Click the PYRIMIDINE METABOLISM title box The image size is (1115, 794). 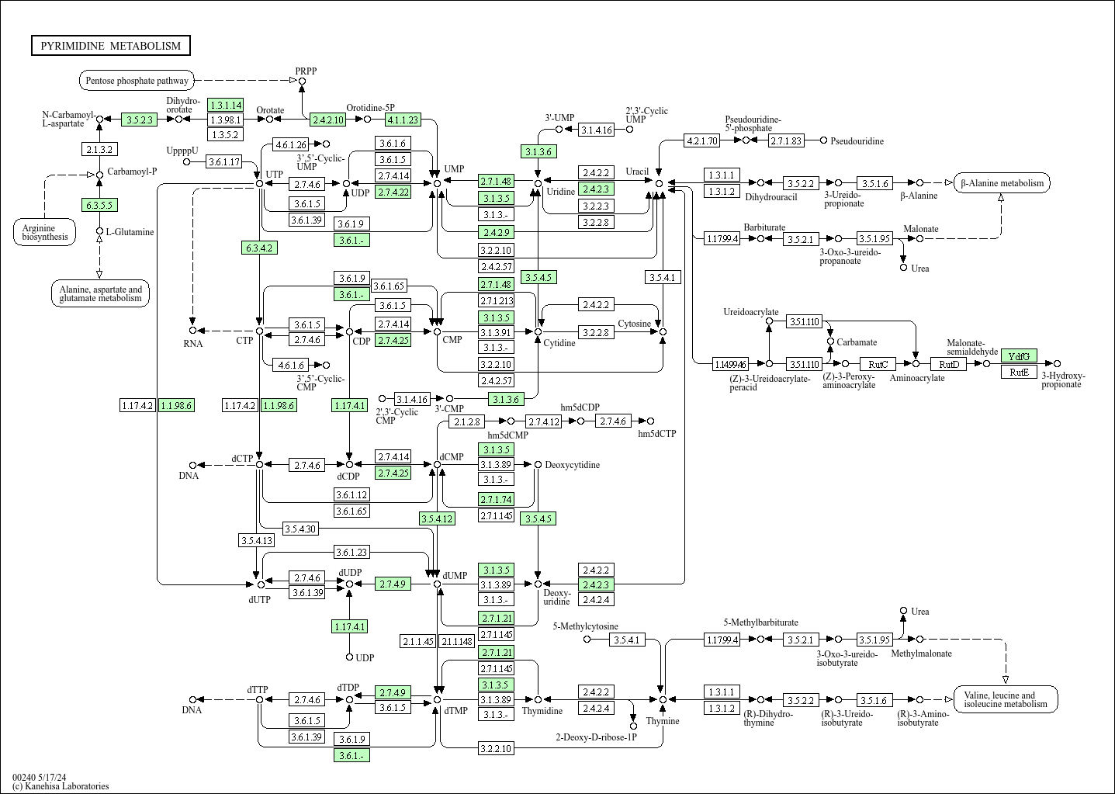pyautogui.click(x=110, y=46)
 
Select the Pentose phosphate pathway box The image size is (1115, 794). pyautogui.click(x=137, y=80)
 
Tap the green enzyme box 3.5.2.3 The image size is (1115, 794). pyautogui.click(x=140, y=120)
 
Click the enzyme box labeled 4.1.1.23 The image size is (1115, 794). pyautogui.click(x=403, y=120)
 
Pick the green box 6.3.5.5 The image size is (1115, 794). pyautogui.click(x=99, y=205)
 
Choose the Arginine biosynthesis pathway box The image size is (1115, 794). pyautogui.click(x=44, y=232)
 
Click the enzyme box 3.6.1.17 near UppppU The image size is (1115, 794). pyautogui.click(x=223, y=162)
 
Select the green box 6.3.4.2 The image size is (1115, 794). pyautogui.click(x=259, y=248)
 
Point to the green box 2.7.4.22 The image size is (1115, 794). pyautogui.click(x=393, y=192)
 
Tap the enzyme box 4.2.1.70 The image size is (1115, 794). pyautogui.click(x=701, y=140)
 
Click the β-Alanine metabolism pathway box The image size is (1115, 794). pyautogui.click(x=1002, y=183)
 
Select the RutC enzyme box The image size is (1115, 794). pyautogui.click(x=878, y=363)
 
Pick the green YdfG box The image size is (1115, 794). pyautogui.click(x=1019, y=355)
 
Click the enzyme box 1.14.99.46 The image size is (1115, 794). pyautogui.click(x=731, y=363)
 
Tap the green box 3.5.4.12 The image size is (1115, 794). pyautogui.click(x=437, y=518)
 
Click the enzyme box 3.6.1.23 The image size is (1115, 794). pyautogui.click(x=351, y=552)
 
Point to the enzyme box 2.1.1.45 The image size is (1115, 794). pyautogui.click(x=418, y=641)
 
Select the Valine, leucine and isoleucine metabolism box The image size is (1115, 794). pyautogui.click(x=1005, y=700)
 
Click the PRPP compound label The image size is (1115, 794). pyautogui.click(x=306, y=71)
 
